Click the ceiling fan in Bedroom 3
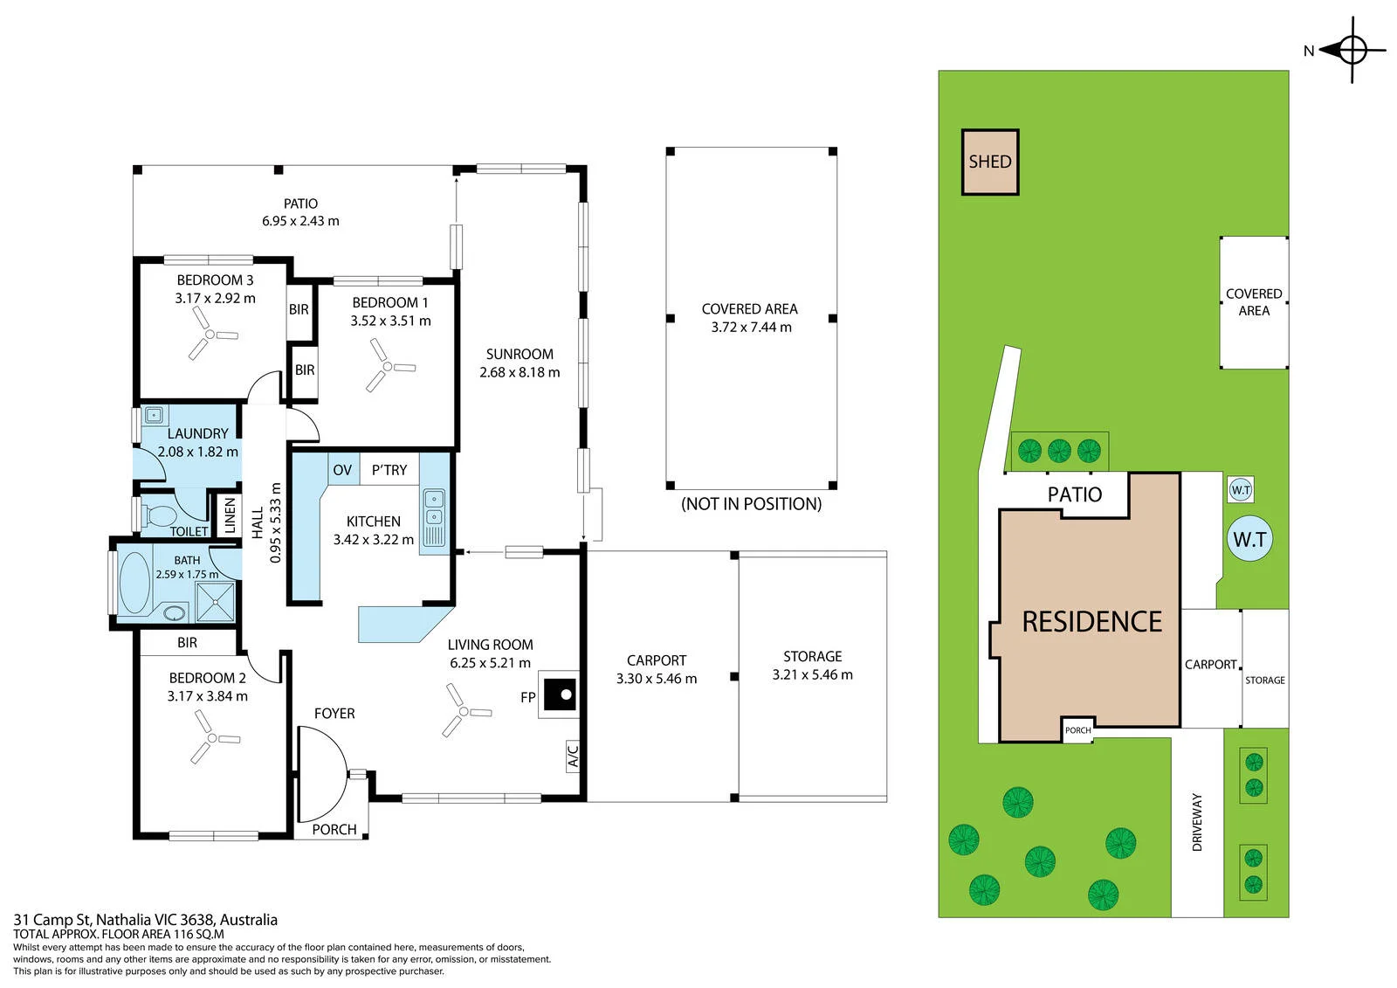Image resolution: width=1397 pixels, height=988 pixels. pos(210,335)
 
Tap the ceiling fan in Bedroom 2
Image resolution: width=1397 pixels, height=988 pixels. pos(213,738)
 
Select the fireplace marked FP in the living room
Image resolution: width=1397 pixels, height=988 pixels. pos(559,694)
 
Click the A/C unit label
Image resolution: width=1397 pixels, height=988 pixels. pos(573,756)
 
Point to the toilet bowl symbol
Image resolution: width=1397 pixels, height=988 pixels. pos(160,515)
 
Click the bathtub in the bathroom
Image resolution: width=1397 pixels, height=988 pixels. pos(134,582)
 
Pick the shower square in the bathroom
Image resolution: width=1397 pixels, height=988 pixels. pos(215,602)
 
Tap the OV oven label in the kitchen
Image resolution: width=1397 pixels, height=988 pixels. pos(342,470)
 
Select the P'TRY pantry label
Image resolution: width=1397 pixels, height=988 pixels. pos(389,470)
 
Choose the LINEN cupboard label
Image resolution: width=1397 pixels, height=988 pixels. pos(231,515)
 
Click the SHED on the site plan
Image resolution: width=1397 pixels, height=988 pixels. pos(990,162)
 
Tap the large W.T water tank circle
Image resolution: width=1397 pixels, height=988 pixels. pos(1249,539)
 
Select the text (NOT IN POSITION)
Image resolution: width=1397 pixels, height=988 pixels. pos(751,504)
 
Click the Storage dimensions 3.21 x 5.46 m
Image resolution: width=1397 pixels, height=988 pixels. pos(812,674)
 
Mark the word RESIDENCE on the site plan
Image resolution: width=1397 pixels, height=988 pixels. pos(1092,622)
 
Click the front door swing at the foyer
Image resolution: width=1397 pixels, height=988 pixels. pos(322,774)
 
